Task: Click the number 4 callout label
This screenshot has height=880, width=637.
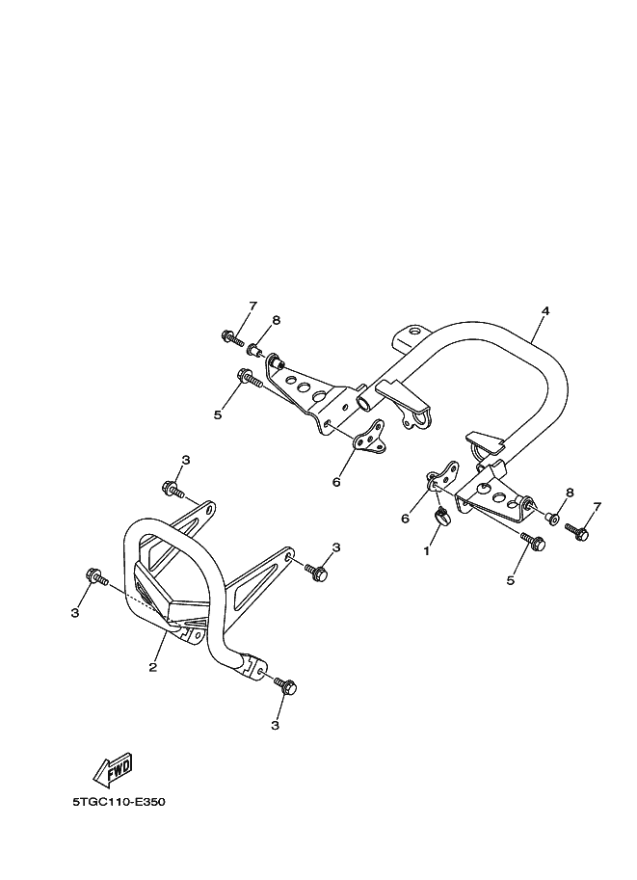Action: [545, 311]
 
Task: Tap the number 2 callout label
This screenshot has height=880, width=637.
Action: [153, 667]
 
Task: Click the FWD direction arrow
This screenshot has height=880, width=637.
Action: [113, 768]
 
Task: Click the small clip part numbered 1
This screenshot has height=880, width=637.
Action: [440, 517]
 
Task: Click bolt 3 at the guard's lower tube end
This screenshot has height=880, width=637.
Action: [286, 687]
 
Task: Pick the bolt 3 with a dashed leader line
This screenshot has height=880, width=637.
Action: [94, 577]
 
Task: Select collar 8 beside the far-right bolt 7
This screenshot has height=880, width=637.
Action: [552, 519]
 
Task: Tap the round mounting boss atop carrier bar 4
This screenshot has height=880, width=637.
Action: [412, 333]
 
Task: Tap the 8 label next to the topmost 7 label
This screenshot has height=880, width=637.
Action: [276, 320]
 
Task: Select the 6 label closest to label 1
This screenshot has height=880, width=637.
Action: [406, 519]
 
